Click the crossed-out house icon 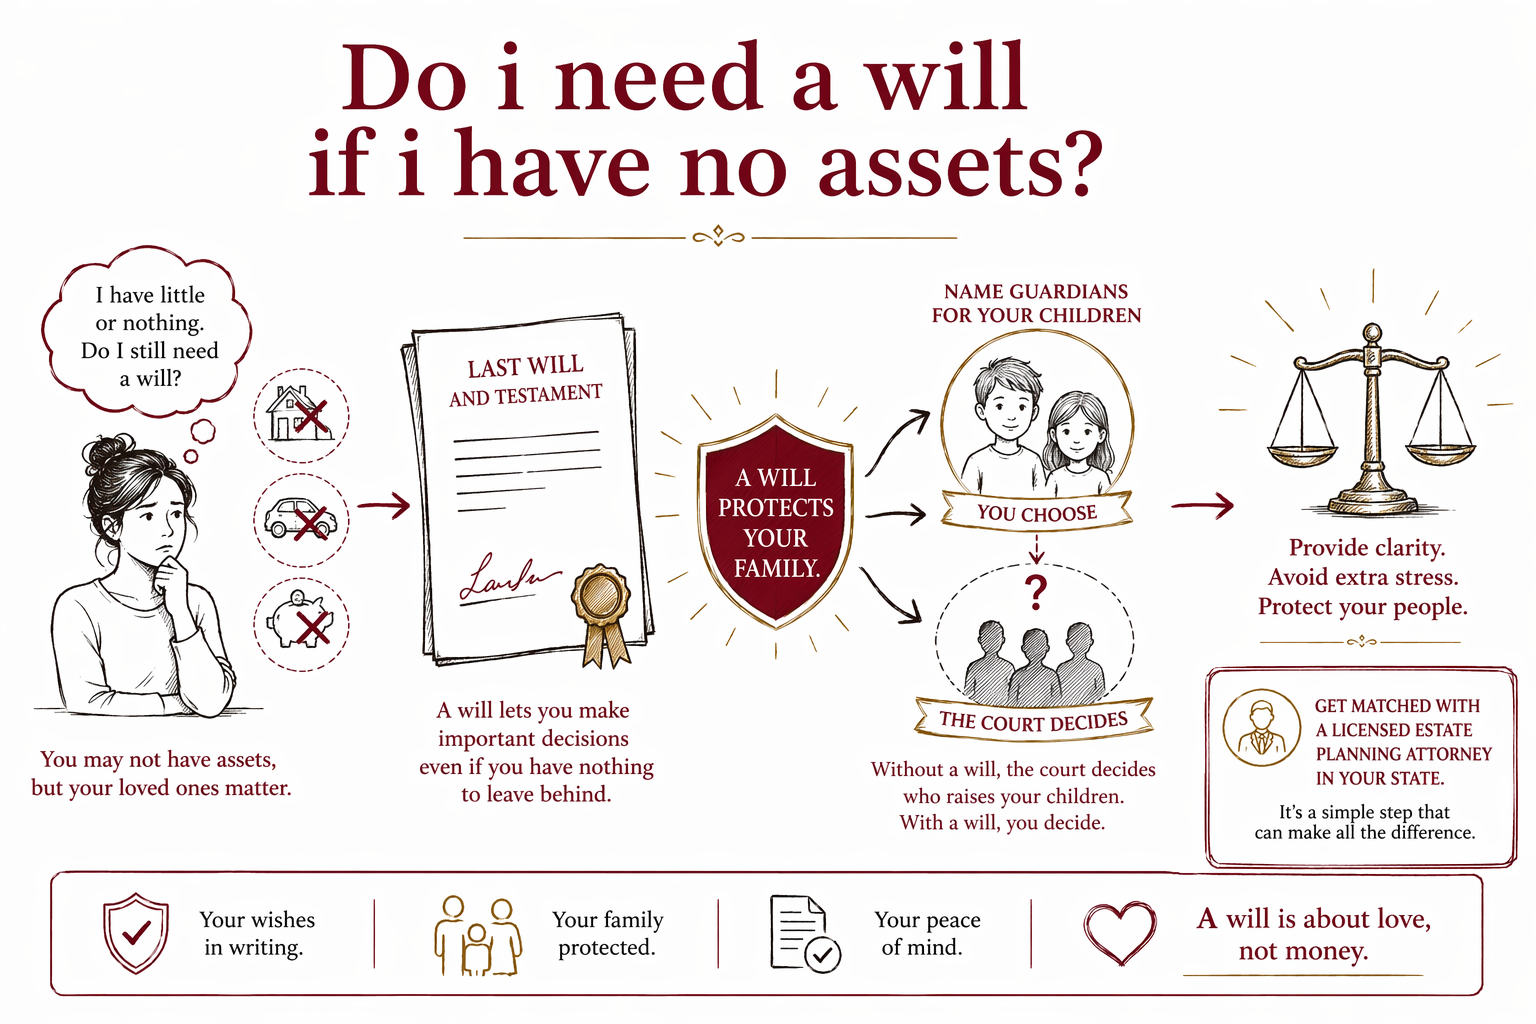pos(301,415)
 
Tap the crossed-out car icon pos(301,520)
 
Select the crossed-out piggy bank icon pos(301,623)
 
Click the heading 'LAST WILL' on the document pos(525,367)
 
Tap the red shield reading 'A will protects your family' pos(775,521)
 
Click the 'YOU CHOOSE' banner pos(1036,512)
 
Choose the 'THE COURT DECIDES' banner pos(1033,720)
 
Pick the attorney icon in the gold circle pos(1261,728)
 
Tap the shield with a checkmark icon pos(136,933)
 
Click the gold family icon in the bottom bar pos(478,936)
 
